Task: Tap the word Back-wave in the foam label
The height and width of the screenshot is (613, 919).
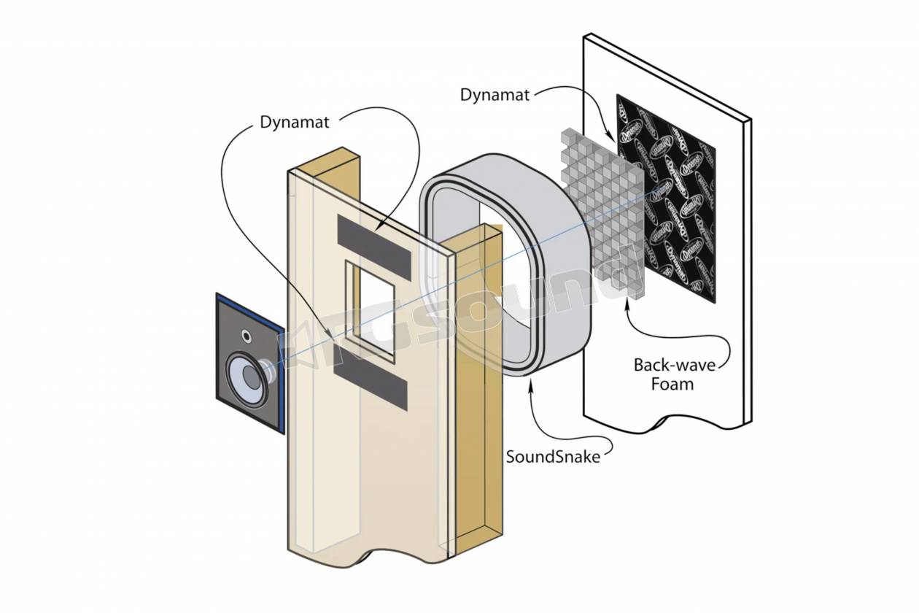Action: tap(674, 364)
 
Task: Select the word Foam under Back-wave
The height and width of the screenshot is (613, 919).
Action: tap(672, 383)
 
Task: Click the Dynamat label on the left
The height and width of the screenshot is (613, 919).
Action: tap(295, 122)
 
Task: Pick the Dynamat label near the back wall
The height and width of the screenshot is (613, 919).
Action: tap(495, 95)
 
